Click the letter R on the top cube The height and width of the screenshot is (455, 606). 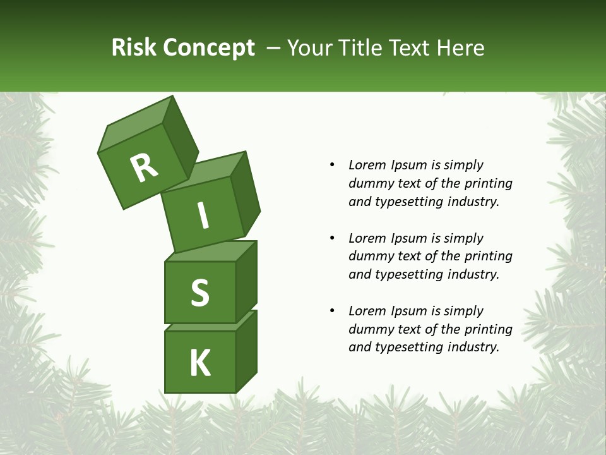(x=144, y=168)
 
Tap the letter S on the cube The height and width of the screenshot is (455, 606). (x=199, y=293)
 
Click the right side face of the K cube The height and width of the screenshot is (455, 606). (x=246, y=351)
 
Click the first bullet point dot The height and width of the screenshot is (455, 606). (x=332, y=165)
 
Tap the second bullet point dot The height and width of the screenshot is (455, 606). (x=332, y=238)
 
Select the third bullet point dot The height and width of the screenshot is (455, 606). (x=332, y=311)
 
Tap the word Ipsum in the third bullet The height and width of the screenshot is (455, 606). (x=409, y=311)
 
